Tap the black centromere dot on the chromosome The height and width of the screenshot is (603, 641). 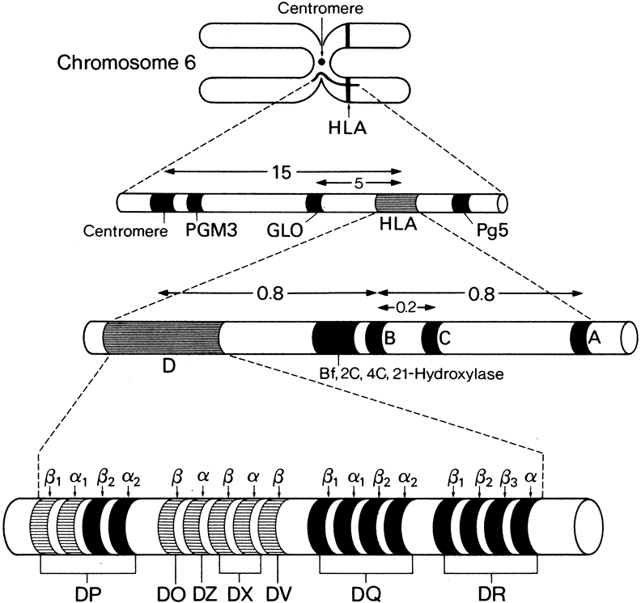tap(322, 62)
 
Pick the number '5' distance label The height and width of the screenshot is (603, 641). tap(359, 184)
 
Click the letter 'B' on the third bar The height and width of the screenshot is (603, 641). tap(389, 339)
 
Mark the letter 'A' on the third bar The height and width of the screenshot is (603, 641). tap(594, 341)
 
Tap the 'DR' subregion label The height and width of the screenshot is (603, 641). tap(487, 588)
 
